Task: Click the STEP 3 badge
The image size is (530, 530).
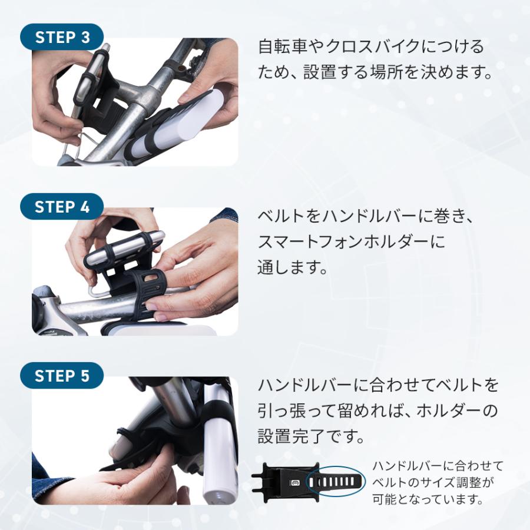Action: coord(62,38)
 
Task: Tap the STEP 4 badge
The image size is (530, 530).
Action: coord(62,207)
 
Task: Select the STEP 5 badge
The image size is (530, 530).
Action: coord(62,376)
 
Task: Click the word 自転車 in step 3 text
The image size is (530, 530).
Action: coord(280,47)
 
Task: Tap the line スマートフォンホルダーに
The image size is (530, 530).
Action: coord(351,242)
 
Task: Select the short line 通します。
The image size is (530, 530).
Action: coord(292,268)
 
